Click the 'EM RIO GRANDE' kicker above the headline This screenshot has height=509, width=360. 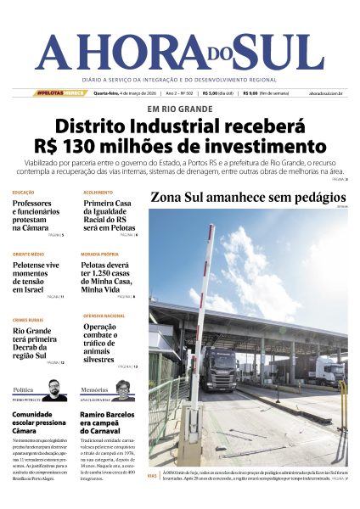click(x=179, y=109)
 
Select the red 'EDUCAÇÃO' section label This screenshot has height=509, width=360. click(x=24, y=193)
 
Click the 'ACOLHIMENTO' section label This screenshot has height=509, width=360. click(x=98, y=193)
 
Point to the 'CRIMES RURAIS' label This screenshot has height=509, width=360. click(x=28, y=319)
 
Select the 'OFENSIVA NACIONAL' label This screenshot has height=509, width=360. click(x=104, y=315)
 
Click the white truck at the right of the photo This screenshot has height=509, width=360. click(x=331, y=370)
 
